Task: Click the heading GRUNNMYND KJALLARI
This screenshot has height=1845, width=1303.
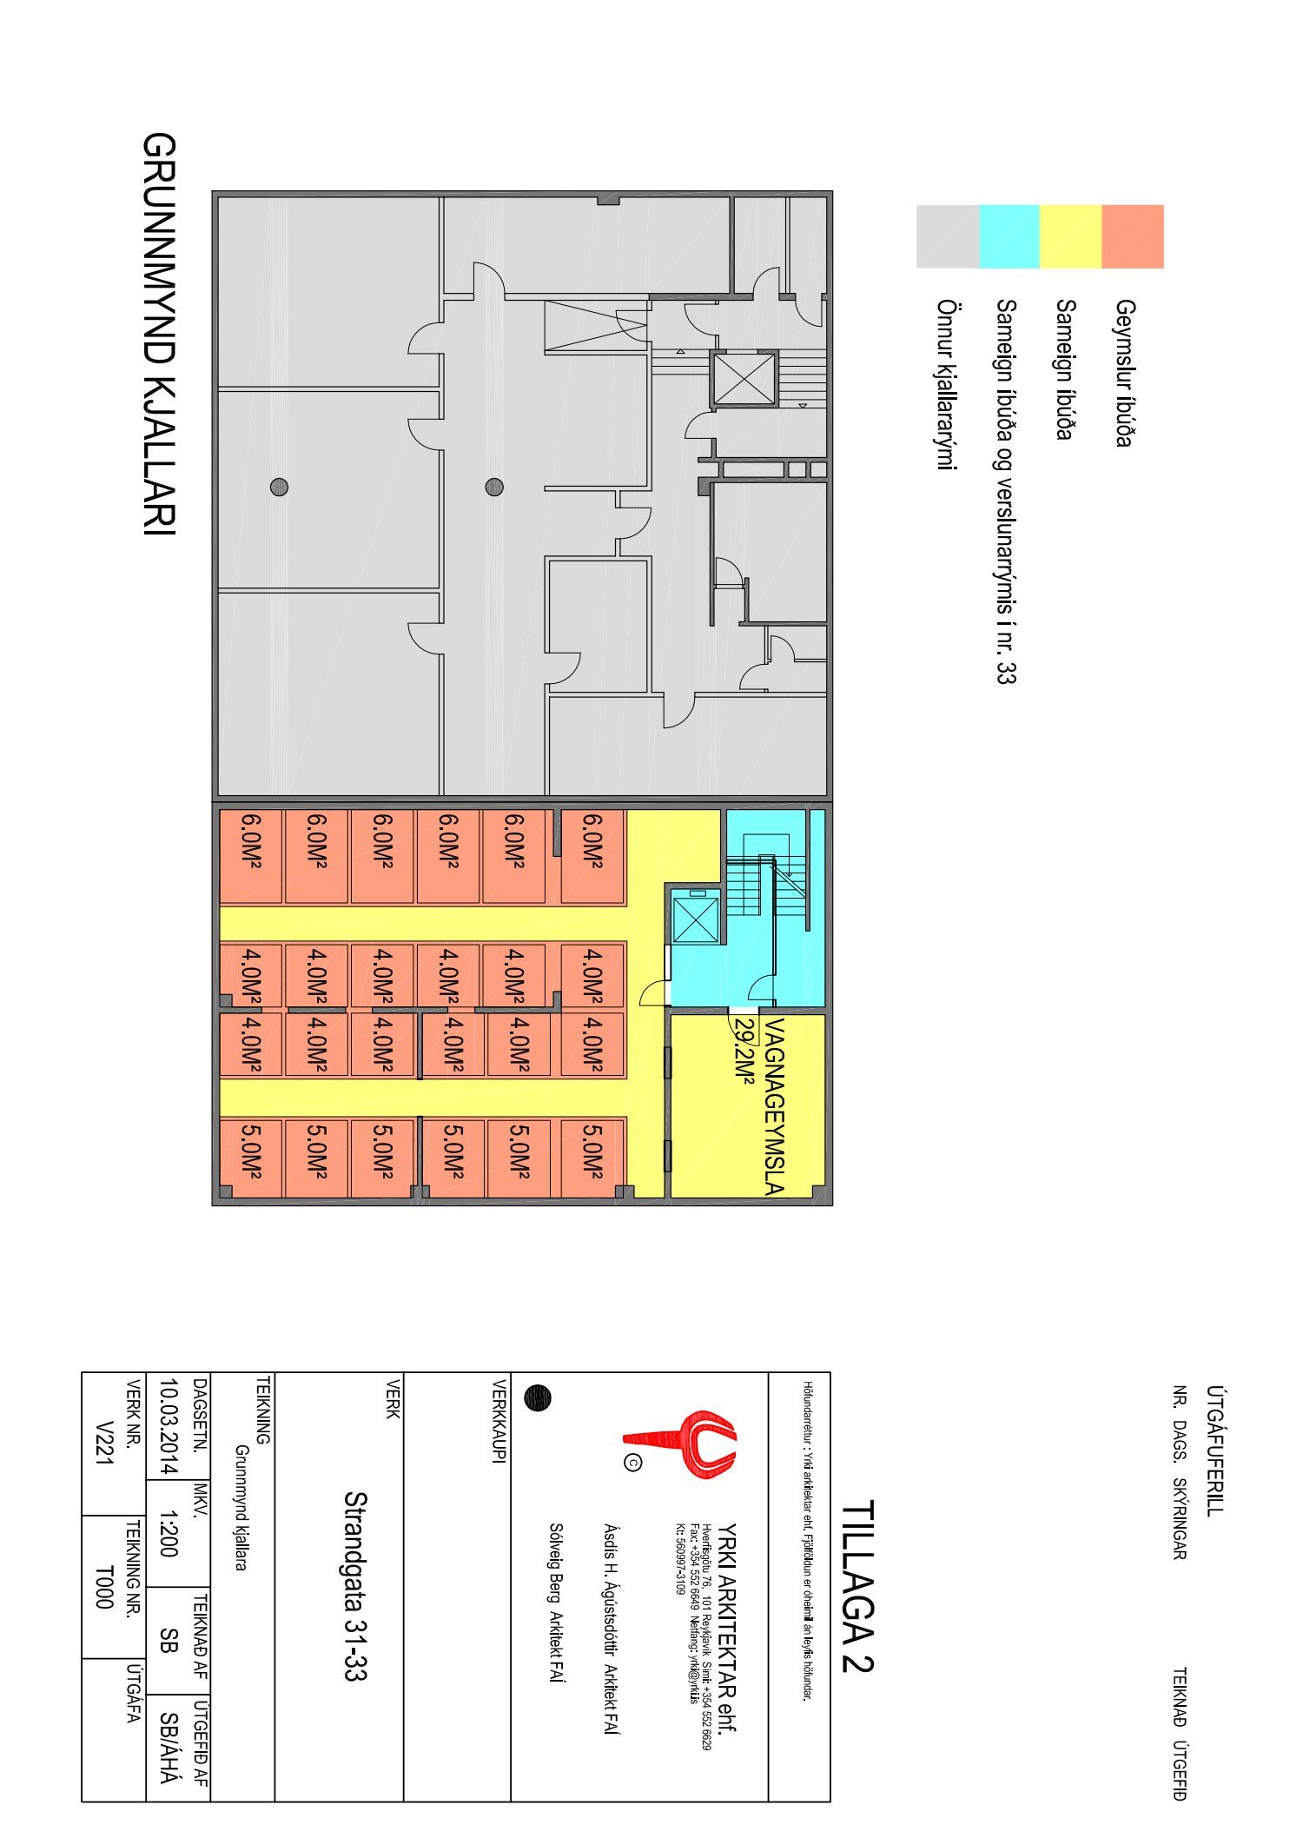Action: point(159,334)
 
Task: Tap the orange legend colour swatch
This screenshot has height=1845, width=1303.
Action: point(1133,236)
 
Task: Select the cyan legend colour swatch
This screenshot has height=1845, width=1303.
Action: point(1009,236)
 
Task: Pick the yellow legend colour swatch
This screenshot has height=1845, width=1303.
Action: point(1071,236)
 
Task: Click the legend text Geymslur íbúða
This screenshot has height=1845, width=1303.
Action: point(1126,373)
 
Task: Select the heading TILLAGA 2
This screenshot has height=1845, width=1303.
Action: point(858,1586)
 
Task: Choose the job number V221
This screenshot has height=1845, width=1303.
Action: point(104,1445)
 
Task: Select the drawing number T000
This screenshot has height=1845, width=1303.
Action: point(104,1588)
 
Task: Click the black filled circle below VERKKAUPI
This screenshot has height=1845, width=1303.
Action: point(538,1398)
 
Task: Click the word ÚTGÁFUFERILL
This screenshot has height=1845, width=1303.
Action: point(1215,1450)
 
